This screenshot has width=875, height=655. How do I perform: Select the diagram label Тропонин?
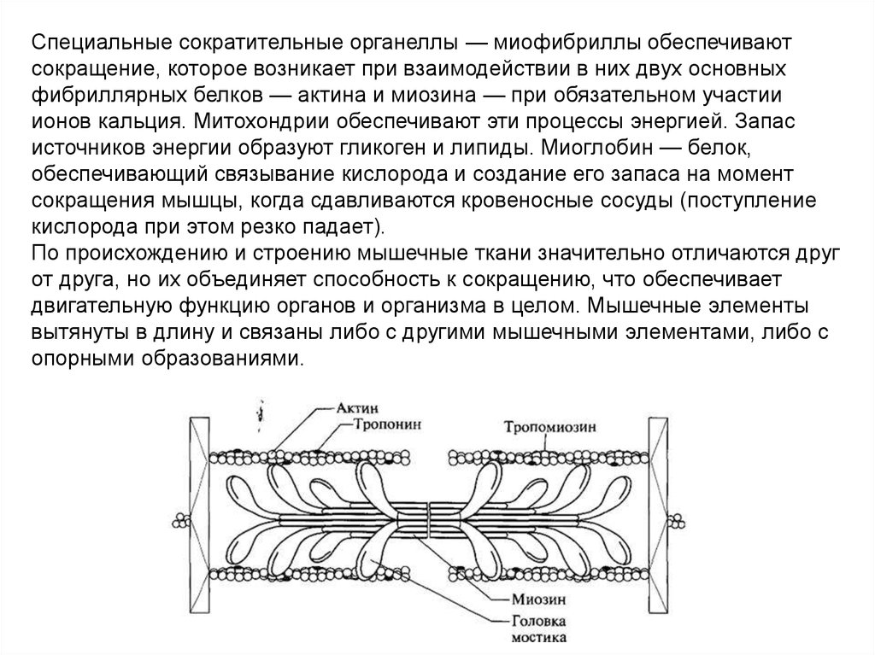pos(376,424)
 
